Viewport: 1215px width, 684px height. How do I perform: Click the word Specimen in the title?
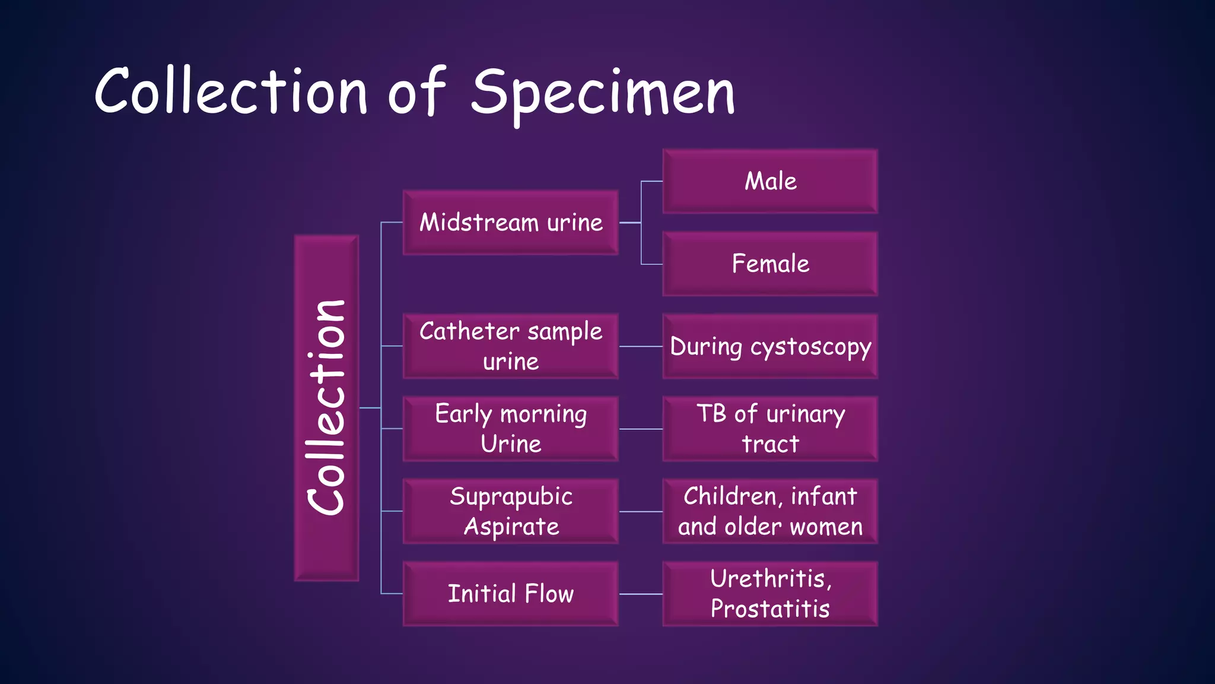coord(603,92)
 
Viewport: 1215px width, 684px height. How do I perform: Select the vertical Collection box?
coord(326,408)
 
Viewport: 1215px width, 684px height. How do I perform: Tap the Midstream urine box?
coord(511,223)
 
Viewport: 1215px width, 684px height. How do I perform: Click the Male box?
coord(770,181)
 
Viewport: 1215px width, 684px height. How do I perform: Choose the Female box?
coord(770,264)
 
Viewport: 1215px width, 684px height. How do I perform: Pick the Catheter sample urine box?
coord(511,346)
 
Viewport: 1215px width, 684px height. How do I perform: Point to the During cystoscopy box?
coord(770,346)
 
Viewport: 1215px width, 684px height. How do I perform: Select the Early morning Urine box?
coord(511,429)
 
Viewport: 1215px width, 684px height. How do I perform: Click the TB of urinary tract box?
coord(770,429)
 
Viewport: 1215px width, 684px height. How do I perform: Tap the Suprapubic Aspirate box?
coord(511,511)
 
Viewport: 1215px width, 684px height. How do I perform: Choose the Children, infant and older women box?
coord(770,511)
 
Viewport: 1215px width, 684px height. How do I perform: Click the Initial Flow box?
coord(511,594)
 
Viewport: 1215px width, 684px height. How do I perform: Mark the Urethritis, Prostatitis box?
coord(770,594)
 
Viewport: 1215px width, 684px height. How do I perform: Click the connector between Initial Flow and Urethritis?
coord(641,594)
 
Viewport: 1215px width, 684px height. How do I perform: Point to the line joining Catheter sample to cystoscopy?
coord(641,346)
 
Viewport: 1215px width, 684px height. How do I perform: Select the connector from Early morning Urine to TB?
coord(641,429)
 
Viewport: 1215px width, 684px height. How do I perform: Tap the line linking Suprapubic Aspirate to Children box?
coord(641,511)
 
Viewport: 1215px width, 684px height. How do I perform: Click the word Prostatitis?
coord(770,609)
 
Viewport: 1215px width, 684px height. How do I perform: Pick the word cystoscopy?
coord(810,347)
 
